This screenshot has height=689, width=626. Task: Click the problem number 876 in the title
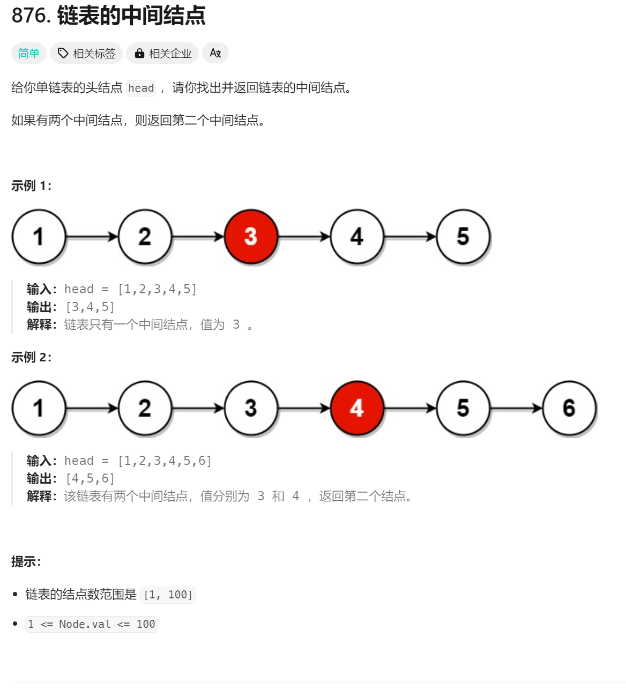(30, 16)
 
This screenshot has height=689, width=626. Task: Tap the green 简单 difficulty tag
(29, 54)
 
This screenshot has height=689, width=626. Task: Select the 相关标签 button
(87, 54)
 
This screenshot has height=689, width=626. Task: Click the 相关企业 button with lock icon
(163, 54)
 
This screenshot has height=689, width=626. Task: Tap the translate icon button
(215, 53)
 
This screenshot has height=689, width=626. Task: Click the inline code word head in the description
(141, 88)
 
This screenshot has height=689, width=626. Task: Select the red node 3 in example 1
(251, 236)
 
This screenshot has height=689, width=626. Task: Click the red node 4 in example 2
(357, 408)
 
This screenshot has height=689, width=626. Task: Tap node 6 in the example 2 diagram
(569, 408)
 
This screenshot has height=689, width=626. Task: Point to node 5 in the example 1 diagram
(463, 236)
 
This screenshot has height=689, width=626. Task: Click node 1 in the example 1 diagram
(39, 236)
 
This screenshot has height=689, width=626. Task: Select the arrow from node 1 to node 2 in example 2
(92, 409)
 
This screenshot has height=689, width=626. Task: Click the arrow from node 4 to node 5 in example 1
(410, 236)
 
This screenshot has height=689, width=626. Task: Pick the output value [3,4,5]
(90, 307)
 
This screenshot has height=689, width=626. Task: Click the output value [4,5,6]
(90, 479)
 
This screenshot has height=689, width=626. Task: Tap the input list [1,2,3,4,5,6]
(165, 461)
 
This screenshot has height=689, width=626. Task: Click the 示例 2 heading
(32, 358)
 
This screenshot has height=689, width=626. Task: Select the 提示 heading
(26, 562)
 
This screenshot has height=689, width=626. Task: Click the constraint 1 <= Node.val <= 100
(91, 625)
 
